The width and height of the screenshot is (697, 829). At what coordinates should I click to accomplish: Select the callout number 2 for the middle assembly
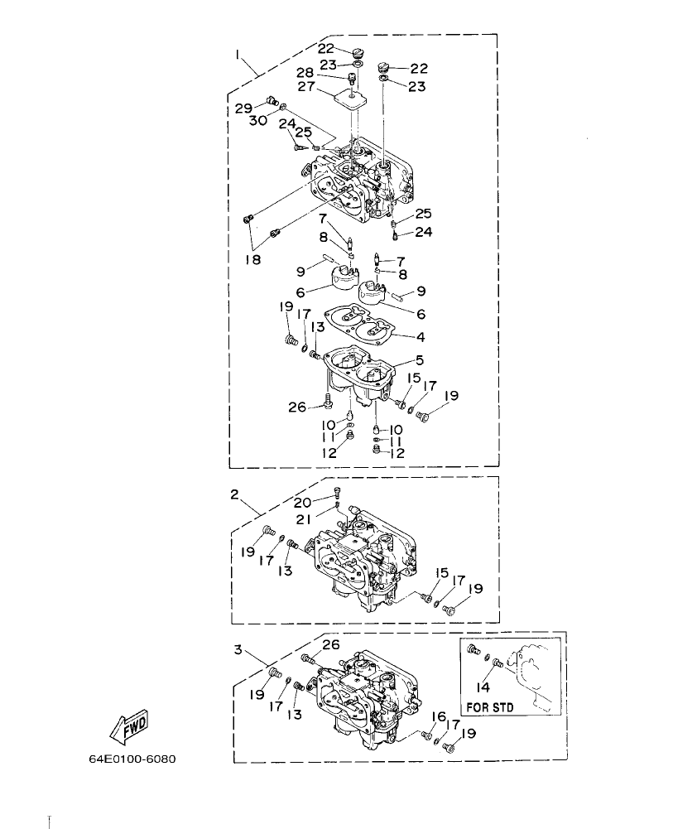[x=234, y=494]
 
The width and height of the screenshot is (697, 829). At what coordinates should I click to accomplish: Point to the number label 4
[x=421, y=337]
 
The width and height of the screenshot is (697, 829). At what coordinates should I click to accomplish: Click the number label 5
[x=420, y=361]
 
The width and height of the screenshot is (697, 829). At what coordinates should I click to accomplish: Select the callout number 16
[x=440, y=716]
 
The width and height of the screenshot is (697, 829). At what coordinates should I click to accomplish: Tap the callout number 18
[x=252, y=260]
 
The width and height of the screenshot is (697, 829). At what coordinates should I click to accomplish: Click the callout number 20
[x=302, y=502]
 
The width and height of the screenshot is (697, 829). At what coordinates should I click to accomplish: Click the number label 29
[x=243, y=108]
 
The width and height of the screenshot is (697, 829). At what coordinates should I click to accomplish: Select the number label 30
[x=258, y=121]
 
